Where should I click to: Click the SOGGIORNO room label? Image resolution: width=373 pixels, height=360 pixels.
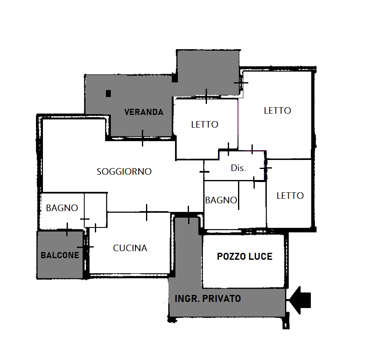(124, 171)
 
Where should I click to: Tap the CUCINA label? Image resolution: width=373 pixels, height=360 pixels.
(130, 248)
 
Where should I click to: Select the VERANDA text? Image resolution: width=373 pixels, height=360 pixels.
(144, 112)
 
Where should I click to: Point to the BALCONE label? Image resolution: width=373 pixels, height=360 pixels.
(60, 255)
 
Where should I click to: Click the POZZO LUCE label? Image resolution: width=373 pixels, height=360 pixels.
(245, 256)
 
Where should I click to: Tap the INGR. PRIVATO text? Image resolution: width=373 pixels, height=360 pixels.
(208, 299)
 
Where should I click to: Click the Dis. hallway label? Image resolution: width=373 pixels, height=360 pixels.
(238, 168)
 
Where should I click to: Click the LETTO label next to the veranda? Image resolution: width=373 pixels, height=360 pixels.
(204, 124)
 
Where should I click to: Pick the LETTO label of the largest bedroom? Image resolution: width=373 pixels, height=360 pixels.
(277, 110)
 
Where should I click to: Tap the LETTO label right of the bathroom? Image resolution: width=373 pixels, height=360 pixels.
(290, 196)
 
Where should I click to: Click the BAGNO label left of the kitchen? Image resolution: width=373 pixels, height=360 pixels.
(62, 208)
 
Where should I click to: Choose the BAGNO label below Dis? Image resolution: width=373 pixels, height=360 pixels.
(221, 200)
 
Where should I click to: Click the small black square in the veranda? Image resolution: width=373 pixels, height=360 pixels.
(108, 93)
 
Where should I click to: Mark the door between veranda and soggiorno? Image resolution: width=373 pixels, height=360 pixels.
(142, 138)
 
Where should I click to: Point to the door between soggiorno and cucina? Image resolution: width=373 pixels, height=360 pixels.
(146, 212)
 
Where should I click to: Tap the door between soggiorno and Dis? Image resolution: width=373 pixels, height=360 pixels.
(204, 171)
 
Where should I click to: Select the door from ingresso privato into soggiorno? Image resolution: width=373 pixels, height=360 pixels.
(189, 215)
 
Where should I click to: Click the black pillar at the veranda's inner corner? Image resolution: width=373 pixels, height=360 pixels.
(175, 78)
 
